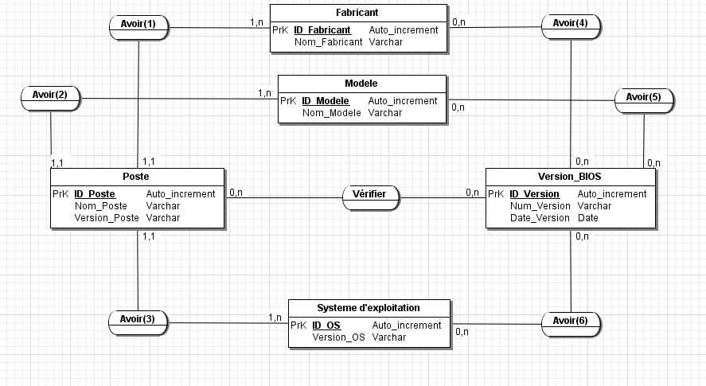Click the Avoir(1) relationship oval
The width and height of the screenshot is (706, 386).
(x=138, y=25)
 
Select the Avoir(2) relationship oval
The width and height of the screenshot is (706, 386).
(x=50, y=96)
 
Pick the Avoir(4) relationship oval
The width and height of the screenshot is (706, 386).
(x=571, y=24)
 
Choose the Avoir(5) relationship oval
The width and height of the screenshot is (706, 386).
(x=643, y=98)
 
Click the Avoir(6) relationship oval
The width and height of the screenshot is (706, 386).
(x=571, y=322)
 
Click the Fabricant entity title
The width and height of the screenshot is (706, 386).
(x=357, y=14)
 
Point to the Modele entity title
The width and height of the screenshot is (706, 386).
(x=361, y=84)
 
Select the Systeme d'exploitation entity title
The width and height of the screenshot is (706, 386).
(x=369, y=308)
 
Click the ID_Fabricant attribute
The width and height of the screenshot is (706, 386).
(x=322, y=30)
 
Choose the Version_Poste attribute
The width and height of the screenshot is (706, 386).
(x=107, y=218)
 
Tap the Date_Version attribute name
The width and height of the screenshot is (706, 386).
(x=540, y=218)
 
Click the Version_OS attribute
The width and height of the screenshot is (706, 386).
(x=338, y=337)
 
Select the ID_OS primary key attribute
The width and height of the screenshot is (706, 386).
(x=326, y=326)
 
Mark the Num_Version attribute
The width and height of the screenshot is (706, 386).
(x=540, y=206)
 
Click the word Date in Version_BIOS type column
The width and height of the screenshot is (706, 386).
(x=587, y=218)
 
